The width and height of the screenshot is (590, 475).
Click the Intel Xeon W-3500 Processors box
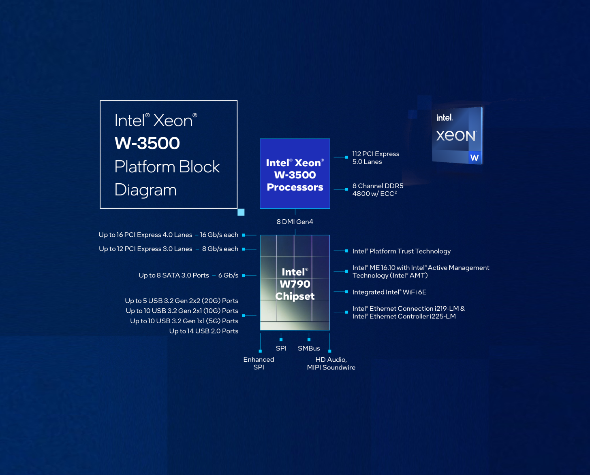[x=295, y=174]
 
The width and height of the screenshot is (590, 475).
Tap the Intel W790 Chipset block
[x=295, y=283]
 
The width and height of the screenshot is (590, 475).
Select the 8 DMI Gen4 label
[x=295, y=222]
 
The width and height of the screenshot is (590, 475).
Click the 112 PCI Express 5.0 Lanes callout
[x=376, y=158]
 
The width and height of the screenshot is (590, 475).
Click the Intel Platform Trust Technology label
[x=401, y=251]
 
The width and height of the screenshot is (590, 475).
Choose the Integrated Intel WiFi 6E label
[x=389, y=292]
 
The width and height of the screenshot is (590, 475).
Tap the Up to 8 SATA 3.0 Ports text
[x=174, y=276]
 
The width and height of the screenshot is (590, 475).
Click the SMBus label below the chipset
[x=309, y=348]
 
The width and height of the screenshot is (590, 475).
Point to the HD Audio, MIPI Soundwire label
[x=331, y=363]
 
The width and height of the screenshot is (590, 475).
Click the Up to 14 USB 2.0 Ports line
[x=203, y=331]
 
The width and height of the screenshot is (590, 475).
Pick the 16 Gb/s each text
[x=219, y=235]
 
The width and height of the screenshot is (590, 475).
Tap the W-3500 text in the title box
[x=147, y=143]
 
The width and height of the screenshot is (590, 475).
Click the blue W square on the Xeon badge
[x=474, y=157]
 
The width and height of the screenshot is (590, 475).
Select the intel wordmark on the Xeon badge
[x=444, y=118]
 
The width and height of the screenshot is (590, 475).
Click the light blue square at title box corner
[x=241, y=212]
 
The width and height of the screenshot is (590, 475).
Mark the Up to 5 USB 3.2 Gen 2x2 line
[x=182, y=301]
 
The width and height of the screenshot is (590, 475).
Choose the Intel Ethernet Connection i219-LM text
[x=408, y=309]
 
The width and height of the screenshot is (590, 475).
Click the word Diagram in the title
[x=145, y=190]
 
